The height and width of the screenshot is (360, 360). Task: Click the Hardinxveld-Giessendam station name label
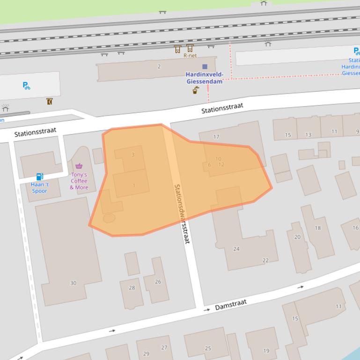(x=205, y=78)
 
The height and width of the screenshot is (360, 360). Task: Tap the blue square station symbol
(x=205, y=67)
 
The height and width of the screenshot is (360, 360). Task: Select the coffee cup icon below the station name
(x=196, y=90)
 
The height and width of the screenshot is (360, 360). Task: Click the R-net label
(x=190, y=56)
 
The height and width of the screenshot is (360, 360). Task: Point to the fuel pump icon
(x=40, y=177)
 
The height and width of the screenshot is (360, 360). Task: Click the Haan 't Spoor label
(x=40, y=187)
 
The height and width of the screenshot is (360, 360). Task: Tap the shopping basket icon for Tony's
(x=79, y=166)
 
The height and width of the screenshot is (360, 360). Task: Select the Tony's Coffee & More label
(x=79, y=181)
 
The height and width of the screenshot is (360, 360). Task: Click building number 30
(x=73, y=283)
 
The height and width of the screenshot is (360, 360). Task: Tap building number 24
(x=236, y=249)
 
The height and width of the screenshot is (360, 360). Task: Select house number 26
(x=158, y=281)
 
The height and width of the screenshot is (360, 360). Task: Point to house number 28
(x=132, y=288)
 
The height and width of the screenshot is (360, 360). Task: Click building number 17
(x=216, y=137)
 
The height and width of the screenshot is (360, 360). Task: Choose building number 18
(x=318, y=228)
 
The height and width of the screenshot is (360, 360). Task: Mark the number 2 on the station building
(x=159, y=66)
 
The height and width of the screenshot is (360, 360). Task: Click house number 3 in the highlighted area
(x=133, y=155)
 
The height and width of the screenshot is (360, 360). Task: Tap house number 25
(x=208, y=348)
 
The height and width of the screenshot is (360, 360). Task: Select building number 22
(x=265, y=260)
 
